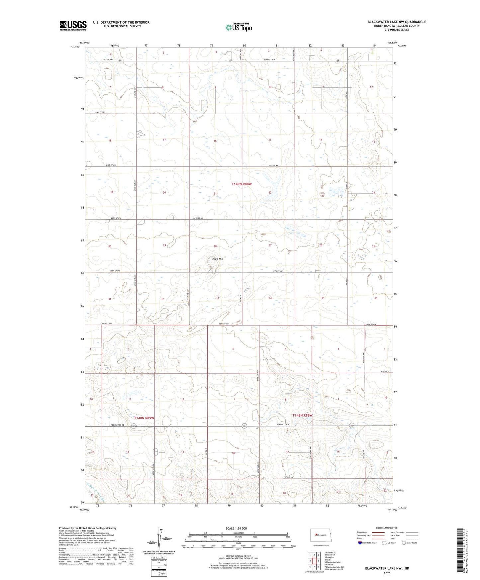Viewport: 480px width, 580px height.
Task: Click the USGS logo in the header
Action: (73, 26)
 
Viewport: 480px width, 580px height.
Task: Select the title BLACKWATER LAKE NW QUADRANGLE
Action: (397, 22)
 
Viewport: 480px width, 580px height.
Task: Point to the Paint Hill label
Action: (218, 259)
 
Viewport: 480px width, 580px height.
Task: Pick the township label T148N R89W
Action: (144, 418)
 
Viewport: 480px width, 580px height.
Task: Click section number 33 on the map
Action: (217, 298)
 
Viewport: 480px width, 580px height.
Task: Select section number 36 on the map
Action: (376, 298)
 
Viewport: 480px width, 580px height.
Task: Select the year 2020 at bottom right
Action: (387, 573)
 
